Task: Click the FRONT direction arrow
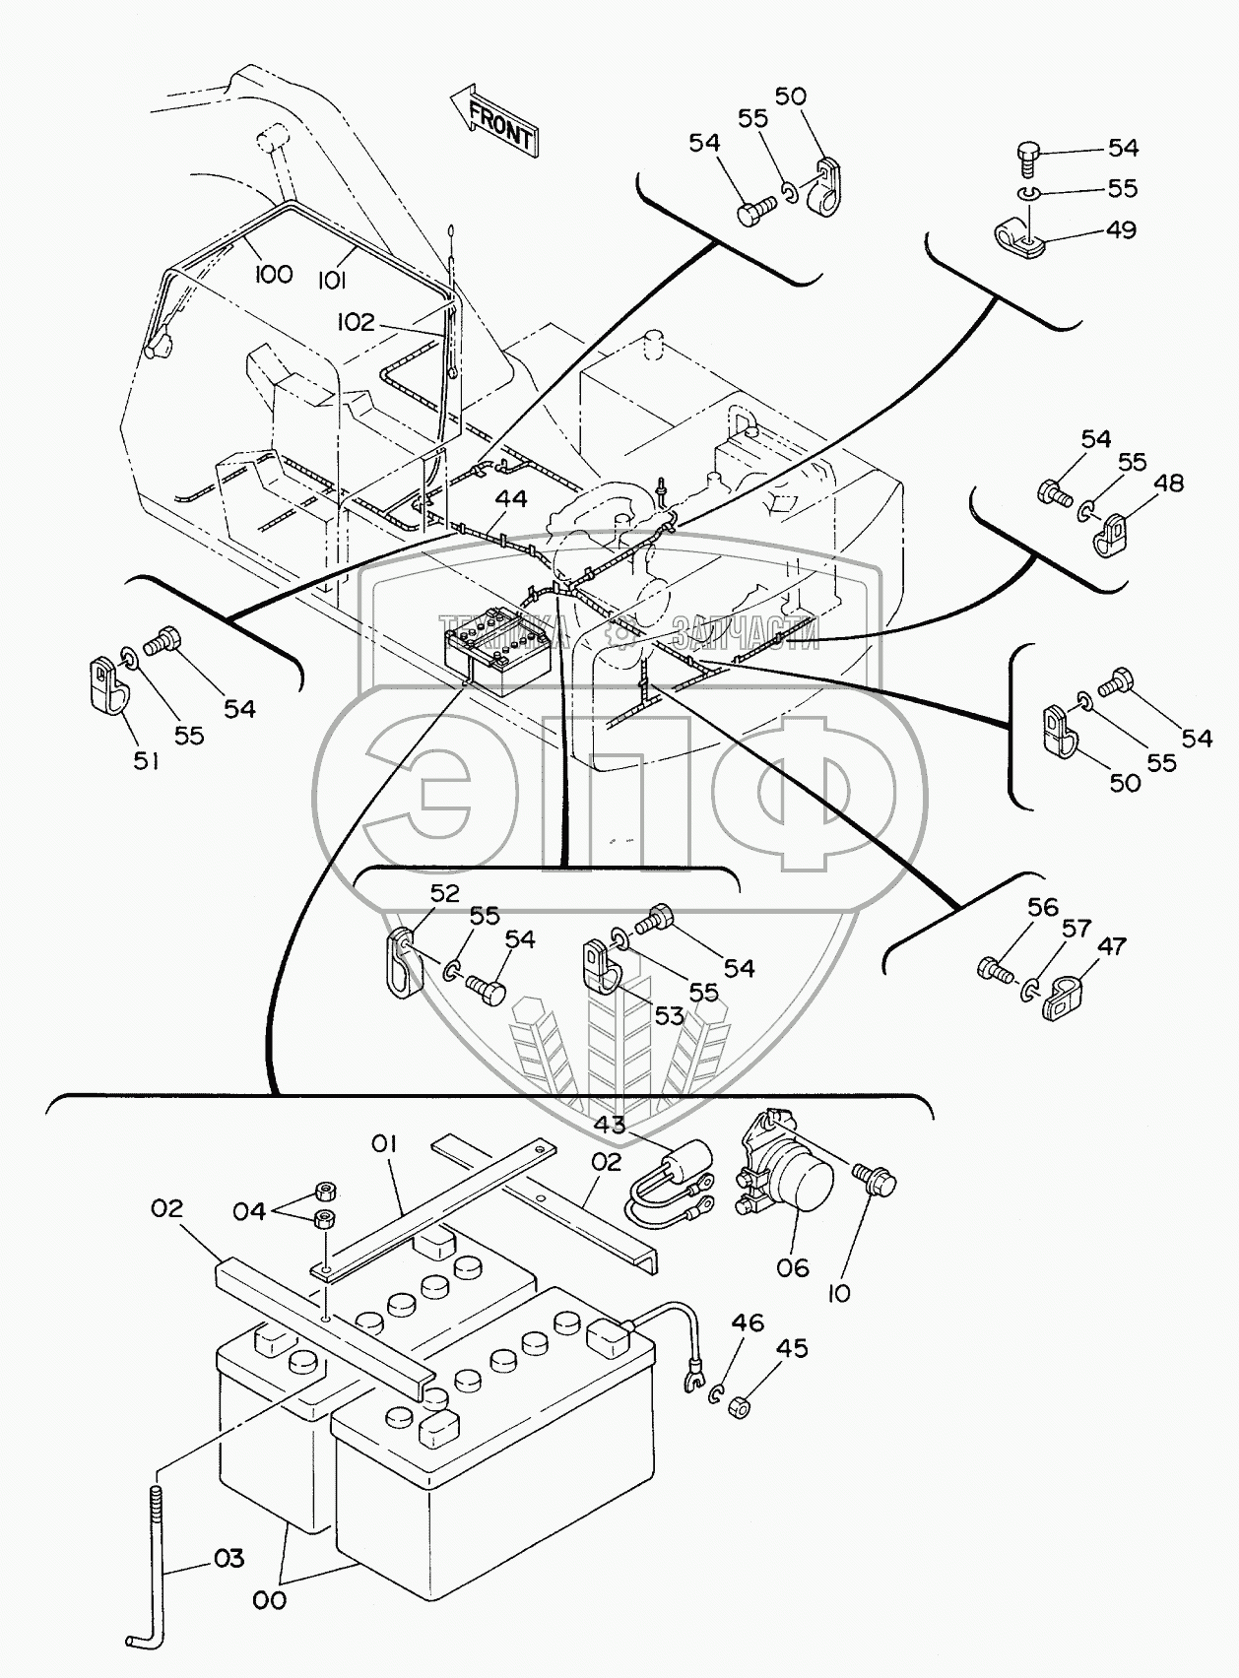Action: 492,118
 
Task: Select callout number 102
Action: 356,322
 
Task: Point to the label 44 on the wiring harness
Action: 511,499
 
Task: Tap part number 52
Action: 445,892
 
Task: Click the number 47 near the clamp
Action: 1112,946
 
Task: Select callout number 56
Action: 1042,907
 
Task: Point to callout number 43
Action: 609,1124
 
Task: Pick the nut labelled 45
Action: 740,1407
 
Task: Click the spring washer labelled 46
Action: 717,1393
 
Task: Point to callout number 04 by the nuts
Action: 249,1210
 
